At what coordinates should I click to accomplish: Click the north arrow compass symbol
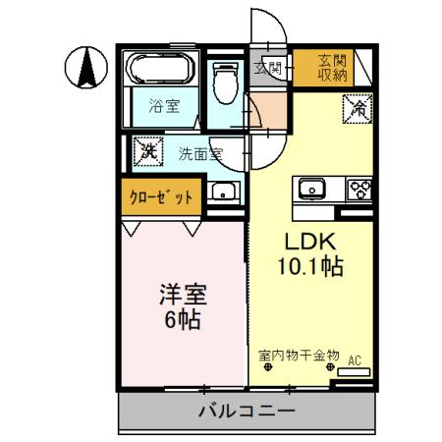point(85,68)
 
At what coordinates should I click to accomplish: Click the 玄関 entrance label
point(267,68)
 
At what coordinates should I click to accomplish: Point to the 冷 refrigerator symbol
point(356,109)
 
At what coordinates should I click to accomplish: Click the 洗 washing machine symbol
point(148,152)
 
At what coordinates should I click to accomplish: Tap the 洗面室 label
point(199,153)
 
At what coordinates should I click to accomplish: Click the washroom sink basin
point(225,193)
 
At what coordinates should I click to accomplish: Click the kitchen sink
point(315,187)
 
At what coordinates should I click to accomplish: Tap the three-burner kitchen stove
point(357,187)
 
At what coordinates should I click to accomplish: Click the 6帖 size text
point(183,319)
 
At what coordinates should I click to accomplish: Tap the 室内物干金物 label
point(299,355)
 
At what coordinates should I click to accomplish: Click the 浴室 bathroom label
point(163,105)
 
